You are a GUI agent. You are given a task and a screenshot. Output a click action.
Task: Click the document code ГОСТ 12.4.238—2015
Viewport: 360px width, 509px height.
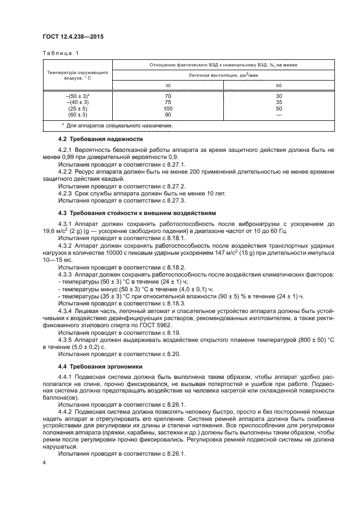point(73,37)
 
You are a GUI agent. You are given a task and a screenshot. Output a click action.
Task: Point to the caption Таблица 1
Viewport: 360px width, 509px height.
point(61,53)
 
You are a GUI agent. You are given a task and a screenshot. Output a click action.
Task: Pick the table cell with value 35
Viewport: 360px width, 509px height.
point(279,102)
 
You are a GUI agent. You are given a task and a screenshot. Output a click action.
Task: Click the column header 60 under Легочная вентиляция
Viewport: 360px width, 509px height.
point(279,85)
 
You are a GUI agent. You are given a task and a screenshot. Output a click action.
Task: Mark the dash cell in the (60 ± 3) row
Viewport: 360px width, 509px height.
point(279,115)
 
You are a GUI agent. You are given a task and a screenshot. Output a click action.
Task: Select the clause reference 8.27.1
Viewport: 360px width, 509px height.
point(175,163)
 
